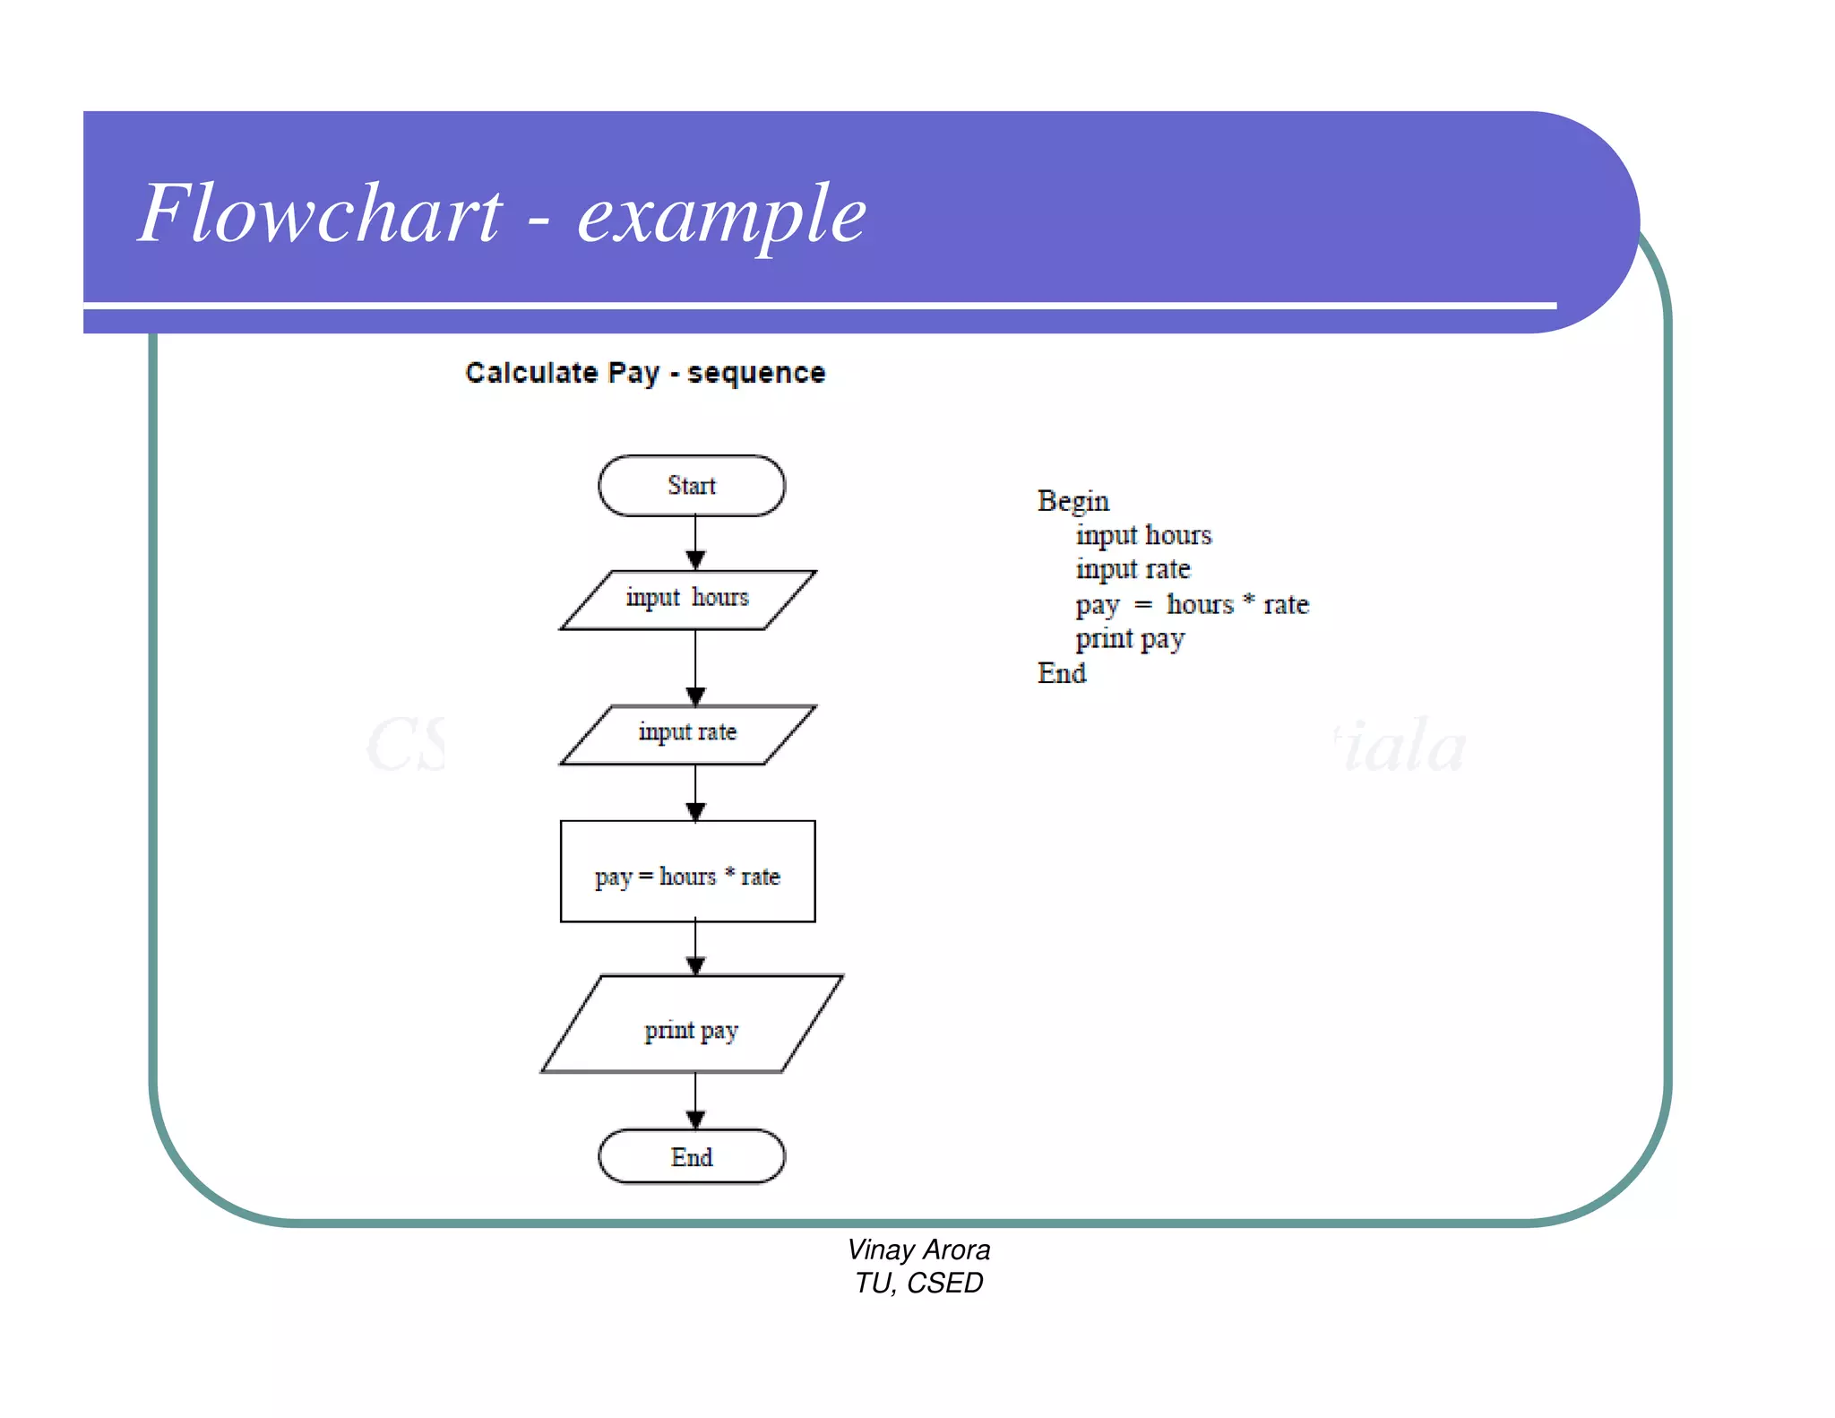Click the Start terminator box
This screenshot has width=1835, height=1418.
[x=692, y=486]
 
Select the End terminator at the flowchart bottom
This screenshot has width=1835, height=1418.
[x=692, y=1156]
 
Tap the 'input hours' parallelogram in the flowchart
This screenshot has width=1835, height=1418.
[x=688, y=599]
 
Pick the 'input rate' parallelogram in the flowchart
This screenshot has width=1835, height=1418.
[x=688, y=734]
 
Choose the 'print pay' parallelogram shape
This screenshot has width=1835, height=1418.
[x=692, y=1024]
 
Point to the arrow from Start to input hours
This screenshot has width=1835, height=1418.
[x=695, y=543]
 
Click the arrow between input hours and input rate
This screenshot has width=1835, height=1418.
[x=695, y=668]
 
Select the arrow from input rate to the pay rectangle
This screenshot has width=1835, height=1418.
[x=695, y=793]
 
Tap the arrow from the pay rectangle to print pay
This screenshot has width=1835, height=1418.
[x=695, y=948]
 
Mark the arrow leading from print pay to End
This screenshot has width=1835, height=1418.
[x=695, y=1101]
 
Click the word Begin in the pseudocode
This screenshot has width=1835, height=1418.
[x=1073, y=501]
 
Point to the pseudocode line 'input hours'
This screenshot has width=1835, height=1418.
[x=1143, y=535]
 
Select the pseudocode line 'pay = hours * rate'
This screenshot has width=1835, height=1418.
[x=1192, y=605]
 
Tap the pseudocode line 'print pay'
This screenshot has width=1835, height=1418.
[x=1130, y=639]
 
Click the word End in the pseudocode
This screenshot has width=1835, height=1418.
[x=1062, y=673]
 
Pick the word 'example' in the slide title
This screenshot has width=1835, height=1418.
[x=722, y=215]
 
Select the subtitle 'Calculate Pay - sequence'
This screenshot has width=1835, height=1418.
[x=645, y=373]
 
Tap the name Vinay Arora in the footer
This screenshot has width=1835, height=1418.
[x=918, y=1249]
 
